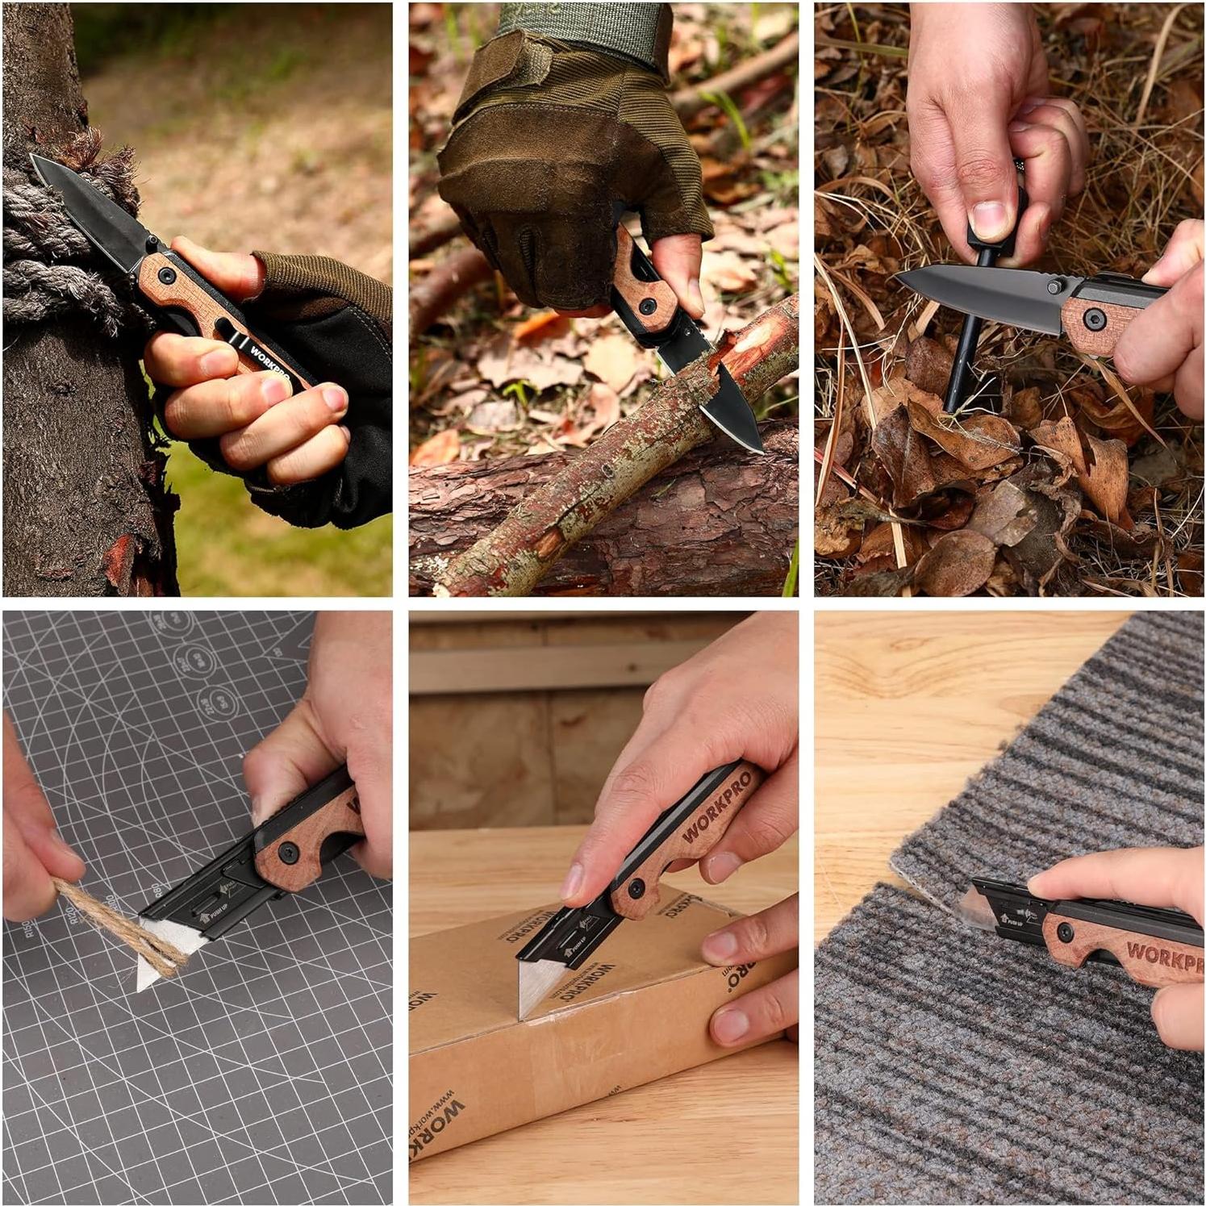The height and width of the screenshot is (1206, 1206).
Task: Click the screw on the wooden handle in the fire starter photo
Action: (x=1095, y=320)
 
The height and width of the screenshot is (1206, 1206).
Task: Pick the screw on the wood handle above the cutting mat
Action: (x=289, y=853)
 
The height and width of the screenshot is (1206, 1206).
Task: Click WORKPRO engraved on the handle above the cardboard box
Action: (x=718, y=807)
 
